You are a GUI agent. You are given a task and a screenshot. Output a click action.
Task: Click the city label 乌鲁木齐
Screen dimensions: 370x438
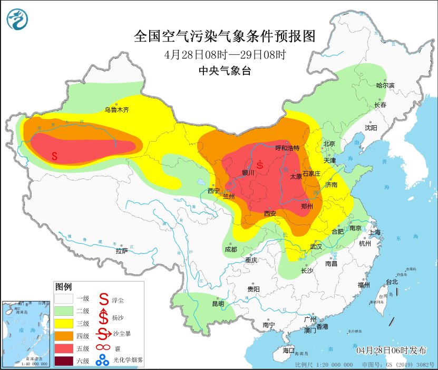(116, 110)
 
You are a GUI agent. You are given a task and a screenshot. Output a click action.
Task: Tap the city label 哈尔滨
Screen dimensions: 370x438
(385, 85)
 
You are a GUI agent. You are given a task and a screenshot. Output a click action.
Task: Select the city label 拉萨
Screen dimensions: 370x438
(122, 251)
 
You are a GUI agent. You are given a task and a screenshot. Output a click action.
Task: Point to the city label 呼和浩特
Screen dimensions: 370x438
(287, 148)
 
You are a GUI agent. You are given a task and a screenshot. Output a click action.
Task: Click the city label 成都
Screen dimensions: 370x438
(231, 249)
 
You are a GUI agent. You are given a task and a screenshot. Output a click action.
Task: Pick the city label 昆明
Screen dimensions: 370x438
(218, 304)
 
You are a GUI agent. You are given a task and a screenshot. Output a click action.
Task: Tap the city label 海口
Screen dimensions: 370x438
(288, 350)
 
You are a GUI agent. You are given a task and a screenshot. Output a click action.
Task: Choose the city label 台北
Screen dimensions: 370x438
(392, 282)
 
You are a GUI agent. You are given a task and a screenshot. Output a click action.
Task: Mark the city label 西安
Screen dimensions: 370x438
(270, 214)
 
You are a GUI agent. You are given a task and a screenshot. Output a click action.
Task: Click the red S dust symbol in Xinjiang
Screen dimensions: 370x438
(55, 155)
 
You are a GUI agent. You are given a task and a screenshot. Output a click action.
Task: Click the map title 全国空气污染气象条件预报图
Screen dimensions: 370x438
(225, 36)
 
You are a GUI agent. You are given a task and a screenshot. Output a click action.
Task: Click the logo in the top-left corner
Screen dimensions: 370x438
(18, 19)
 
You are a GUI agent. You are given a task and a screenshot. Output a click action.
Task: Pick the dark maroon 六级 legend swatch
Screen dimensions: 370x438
(64, 361)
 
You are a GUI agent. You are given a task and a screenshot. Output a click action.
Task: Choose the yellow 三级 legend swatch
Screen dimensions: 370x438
(64, 323)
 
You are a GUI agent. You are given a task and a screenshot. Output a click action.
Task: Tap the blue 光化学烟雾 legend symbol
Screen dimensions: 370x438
(103, 361)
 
